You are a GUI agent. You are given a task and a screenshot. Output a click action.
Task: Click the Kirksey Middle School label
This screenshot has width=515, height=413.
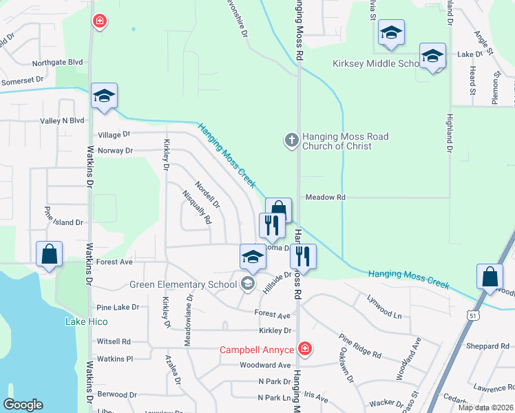coord(376,64)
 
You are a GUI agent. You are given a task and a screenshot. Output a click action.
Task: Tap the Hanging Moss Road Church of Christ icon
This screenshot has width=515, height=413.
coord(291,140)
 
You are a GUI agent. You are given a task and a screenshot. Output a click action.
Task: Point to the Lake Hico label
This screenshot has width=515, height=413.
coord(85,321)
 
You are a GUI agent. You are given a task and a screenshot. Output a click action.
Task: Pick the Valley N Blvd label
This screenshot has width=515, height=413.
coord(62,120)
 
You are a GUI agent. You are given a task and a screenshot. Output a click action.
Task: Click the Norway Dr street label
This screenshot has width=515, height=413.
coord(115,151)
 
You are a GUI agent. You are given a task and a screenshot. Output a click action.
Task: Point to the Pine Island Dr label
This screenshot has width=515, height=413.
coord(63,222)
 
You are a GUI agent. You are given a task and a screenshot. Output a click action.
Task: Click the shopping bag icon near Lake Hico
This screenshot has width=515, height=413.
coord(50,254)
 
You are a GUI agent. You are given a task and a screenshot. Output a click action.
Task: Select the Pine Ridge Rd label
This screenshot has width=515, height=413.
coord(359,346)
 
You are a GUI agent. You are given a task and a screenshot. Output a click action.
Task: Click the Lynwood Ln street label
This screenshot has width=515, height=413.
coord(384,308)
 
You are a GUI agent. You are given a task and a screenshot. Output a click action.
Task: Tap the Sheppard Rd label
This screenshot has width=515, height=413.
coord(487,346)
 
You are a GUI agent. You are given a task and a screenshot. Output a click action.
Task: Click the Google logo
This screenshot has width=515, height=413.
coord(23,405)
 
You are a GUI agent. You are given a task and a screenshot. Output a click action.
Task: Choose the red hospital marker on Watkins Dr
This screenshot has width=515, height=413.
coord(100,22)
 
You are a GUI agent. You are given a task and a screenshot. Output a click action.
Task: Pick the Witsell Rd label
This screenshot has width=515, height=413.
coord(114,341)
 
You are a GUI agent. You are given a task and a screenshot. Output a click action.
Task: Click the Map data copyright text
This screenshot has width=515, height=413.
coord(486,407)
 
